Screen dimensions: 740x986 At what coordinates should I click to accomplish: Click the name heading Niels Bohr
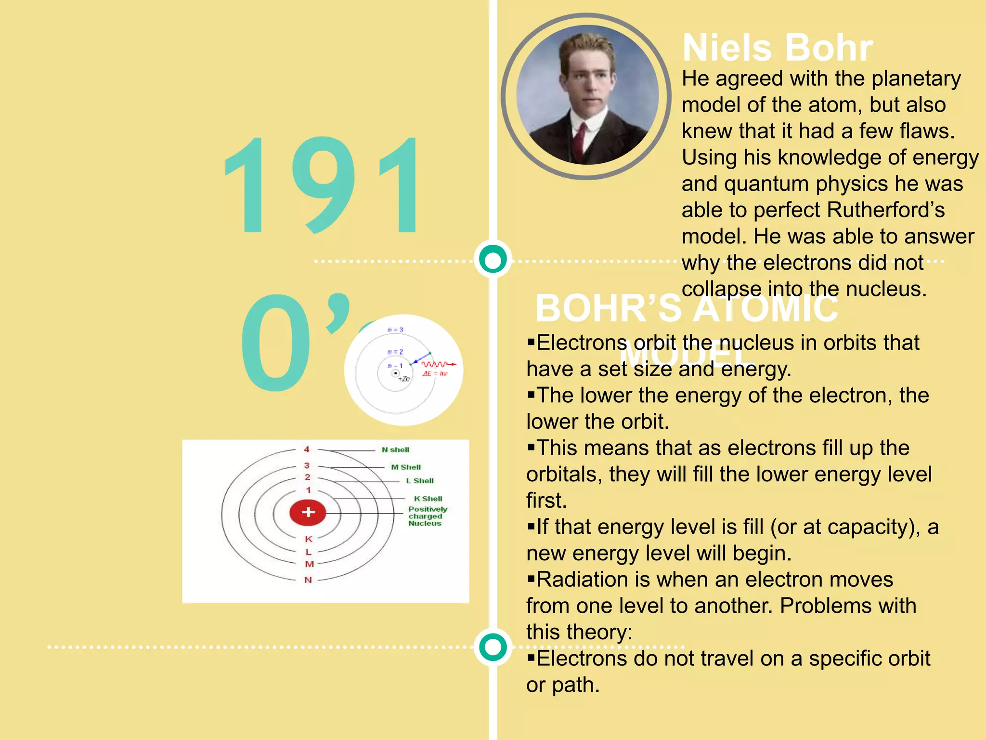(777, 48)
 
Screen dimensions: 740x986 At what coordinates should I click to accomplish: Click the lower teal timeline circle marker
(493, 647)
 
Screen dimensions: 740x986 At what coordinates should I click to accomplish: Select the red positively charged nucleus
(308, 512)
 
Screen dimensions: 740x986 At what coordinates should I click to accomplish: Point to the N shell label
(395, 449)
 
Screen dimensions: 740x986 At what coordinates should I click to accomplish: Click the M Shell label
(406, 467)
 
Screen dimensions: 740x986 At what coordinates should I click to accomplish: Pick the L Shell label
(419, 480)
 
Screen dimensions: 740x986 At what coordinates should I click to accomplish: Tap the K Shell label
(428, 499)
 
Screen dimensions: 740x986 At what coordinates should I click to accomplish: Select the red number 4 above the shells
(307, 449)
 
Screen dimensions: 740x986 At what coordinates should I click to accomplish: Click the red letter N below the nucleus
(308, 580)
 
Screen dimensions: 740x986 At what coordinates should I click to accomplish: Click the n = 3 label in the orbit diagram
(395, 330)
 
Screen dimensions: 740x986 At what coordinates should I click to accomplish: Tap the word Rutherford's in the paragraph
(885, 210)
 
